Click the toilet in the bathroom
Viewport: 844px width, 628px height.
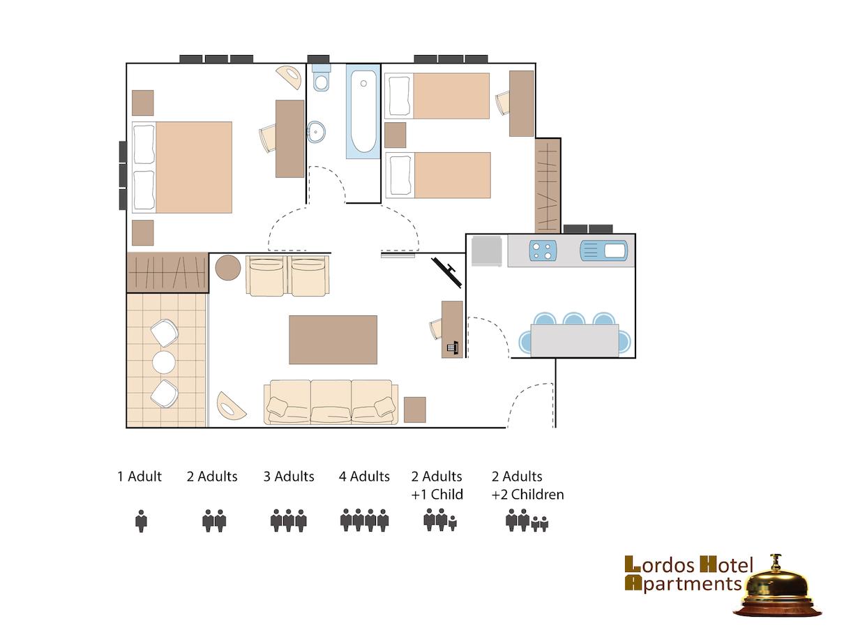(321, 77)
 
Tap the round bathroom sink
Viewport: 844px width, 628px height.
(316, 132)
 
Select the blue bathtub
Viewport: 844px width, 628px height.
(363, 111)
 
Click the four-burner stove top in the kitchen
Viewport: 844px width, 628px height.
(543, 251)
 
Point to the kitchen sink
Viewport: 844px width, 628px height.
(603, 251)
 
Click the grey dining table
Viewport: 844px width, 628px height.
(575, 341)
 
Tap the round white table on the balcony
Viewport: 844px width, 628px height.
(164, 362)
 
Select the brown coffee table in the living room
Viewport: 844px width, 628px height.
(333, 340)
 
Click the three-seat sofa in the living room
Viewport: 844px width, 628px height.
(331, 402)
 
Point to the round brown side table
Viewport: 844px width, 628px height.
(228, 268)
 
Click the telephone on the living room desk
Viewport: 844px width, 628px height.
(453, 347)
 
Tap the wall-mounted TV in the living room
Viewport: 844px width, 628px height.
(446, 272)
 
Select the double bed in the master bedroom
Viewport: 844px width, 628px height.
(182, 167)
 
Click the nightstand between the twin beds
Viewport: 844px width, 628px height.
(395, 135)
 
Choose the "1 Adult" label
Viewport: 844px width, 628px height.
(140, 477)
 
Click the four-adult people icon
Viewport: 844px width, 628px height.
(365, 520)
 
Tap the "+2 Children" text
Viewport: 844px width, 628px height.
(528, 494)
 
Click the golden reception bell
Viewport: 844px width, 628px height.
(776, 588)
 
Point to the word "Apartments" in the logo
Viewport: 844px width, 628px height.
(683, 584)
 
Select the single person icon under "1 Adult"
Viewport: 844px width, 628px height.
(141, 521)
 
